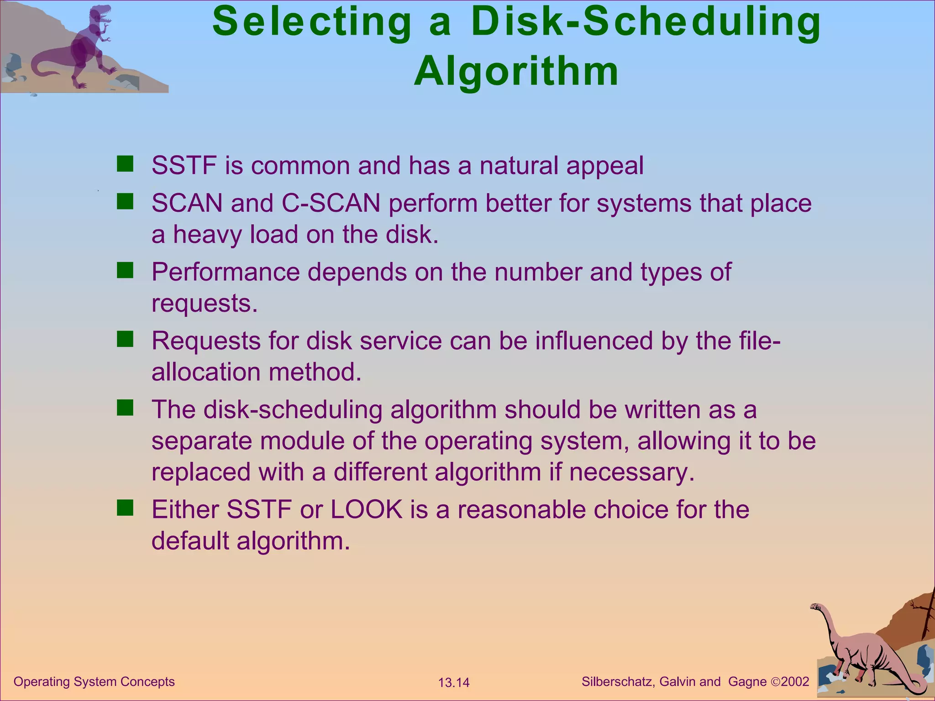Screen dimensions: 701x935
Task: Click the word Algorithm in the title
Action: click(516, 72)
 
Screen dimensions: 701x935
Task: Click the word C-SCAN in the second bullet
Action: click(331, 203)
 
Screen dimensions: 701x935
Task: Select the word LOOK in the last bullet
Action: click(366, 509)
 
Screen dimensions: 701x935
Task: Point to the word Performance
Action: click(225, 272)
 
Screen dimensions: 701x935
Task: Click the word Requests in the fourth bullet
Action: click(205, 341)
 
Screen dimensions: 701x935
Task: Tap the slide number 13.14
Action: click(453, 683)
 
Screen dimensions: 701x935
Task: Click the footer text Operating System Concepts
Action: click(94, 682)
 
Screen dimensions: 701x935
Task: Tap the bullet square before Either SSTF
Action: click(125, 507)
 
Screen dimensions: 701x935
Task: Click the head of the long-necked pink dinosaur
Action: click(815, 607)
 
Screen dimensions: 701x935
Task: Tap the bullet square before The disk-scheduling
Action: click(125, 408)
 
